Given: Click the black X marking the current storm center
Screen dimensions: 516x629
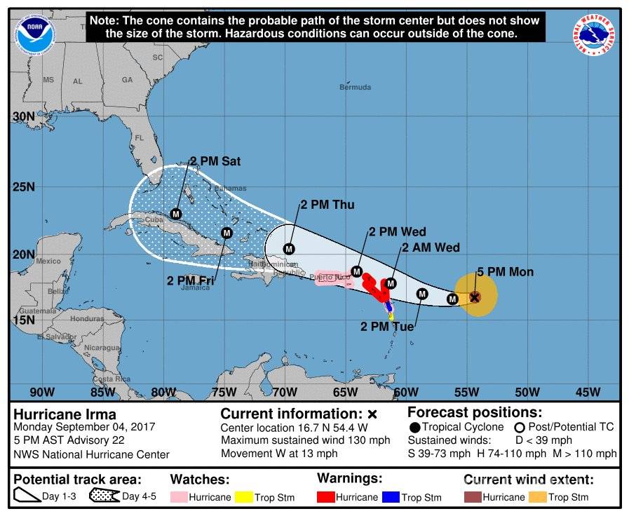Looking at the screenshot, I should click(475, 297).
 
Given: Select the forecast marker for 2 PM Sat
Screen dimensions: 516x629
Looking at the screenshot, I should click(176, 213).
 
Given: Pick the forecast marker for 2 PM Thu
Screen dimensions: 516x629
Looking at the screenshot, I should click(289, 248).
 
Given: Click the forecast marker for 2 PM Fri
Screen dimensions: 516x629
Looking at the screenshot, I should click(226, 233).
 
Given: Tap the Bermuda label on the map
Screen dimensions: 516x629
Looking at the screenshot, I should click(355, 88).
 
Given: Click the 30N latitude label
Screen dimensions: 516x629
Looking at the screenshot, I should click(23, 116).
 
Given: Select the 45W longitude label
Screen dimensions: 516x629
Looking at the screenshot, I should click(588, 392).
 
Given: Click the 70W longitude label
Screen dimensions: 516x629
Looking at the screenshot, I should click(284, 392).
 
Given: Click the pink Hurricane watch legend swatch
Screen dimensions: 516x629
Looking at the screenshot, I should click(179, 497).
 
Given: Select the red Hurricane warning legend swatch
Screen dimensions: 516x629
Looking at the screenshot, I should click(326, 497).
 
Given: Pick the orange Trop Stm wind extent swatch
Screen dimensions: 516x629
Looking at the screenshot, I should click(536, 497).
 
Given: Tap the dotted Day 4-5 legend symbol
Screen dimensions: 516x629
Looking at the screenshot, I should click(104, 496).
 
